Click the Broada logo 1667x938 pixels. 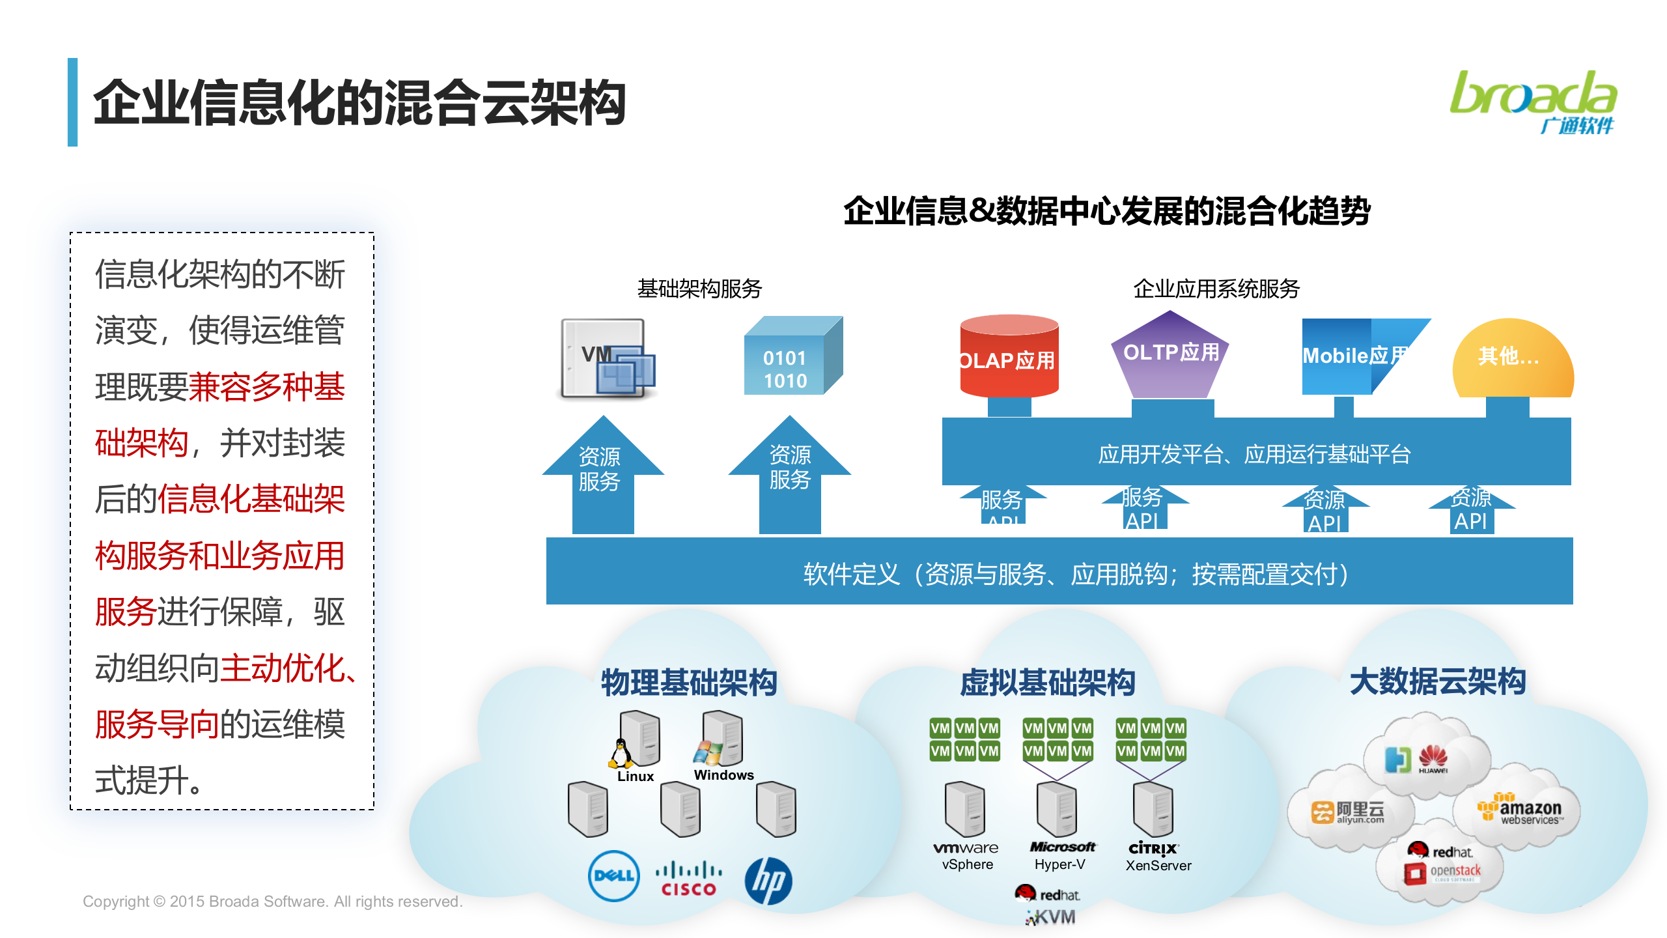pos(1533,102)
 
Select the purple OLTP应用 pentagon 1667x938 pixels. pos(1170,355)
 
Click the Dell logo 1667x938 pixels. pos(613,876)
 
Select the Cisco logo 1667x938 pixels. pos(688,879)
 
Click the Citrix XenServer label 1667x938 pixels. pos(1157,857)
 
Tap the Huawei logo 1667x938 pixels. pos(1433,759)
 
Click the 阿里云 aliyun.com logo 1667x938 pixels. pos(1348,812)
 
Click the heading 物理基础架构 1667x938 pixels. pos(688,683)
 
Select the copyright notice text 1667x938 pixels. pos(272,902)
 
